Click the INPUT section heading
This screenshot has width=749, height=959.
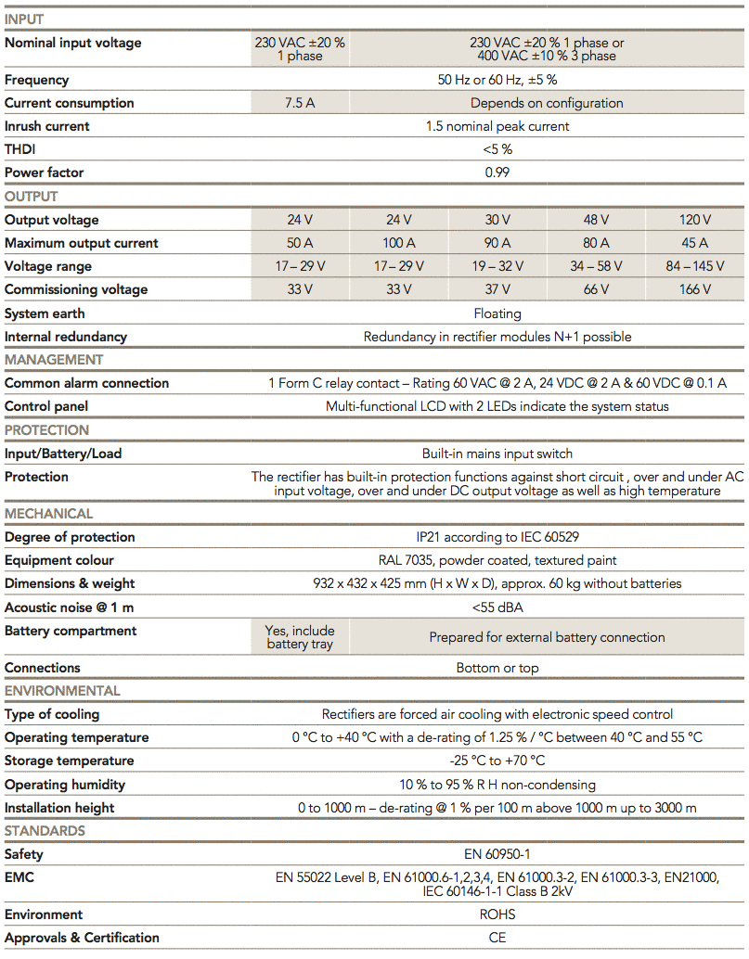pyautogui.click(x=24, y=19)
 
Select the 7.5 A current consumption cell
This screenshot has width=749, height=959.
pyautogui.click(x=300, y=103)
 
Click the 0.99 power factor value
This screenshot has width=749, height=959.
pyautogui.click(x=497, y=173)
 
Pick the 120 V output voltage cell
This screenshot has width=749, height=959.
pyautogui.click(x=695, y=220)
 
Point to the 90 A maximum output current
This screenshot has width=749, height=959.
pyautogui.click(x=497, y=243)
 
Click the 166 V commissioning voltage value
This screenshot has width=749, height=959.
pyautogui.click(x=695, y=289)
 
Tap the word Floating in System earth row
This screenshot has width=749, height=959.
pyautogui.click(x=497, y=313)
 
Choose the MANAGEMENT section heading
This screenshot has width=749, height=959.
pyautogui.click(x=54, y=360)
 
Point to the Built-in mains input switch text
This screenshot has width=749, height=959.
pyautogui.click(x=497, y=454)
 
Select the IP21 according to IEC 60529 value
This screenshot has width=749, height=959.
pyautogui.click(x=497, y=537)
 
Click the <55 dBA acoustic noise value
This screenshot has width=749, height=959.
pyautogui.click(x=497, y=607)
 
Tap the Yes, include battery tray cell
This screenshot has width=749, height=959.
pyautogui.click(x=300, y=637)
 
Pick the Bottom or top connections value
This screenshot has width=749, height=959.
pyautogui.click(x=497, y=668)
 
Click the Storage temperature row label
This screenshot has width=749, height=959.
pyautogui.click(x=69, y=761)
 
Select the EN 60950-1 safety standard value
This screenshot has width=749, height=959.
pyautogui.click(x=497, y=854)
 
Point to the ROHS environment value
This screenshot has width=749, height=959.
pyautogui.click(x=497, y=914)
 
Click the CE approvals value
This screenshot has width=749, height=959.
pyautogui.click(x=497, y=938)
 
